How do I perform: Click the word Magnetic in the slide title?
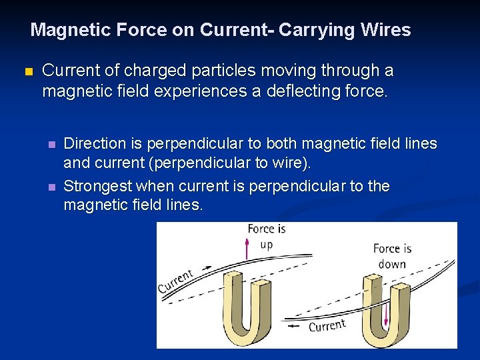click(x=63, y=30)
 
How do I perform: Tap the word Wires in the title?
click(x=388, y=30)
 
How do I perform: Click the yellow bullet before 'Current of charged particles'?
click(x=27, y=71)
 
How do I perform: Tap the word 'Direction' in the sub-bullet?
click(x=94, y=143)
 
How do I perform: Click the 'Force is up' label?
click(x=266, y=236)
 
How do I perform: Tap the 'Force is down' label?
click(x=392, y=256)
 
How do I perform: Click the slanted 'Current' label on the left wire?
click(x=176, y=281)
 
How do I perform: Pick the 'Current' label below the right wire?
click(x=327, y=325)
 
